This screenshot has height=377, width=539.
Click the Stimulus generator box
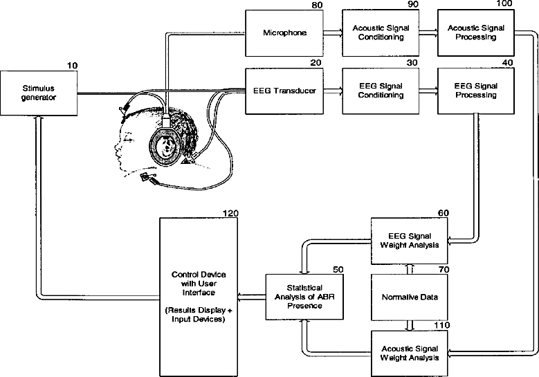coord(39,93)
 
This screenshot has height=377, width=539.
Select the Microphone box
coord(284,33)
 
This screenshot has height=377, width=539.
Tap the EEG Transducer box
coord(284,91)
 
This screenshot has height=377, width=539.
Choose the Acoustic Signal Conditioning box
coord(381,33)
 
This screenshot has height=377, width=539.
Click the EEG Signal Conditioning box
coord(381,91)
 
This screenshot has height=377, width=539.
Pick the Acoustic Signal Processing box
coord(476,33)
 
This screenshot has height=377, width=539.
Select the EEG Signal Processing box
coord(476,91)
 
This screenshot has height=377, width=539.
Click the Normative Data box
coord(410,297)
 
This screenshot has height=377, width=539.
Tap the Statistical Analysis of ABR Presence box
coord(304,297)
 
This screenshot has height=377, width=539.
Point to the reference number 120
coord(230,214)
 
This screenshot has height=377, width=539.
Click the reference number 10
coord(72,66)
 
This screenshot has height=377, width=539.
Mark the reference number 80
coord(318,5)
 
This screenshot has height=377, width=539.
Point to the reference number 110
coord(441,325)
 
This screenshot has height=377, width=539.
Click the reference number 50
coord(338,269)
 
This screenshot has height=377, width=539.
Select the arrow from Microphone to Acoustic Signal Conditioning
coord(333,33)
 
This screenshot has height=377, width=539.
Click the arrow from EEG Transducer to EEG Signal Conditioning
coord(333,91)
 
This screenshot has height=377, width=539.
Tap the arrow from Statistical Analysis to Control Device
coord(252,297)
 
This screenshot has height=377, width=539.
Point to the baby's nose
coord(116,148)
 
